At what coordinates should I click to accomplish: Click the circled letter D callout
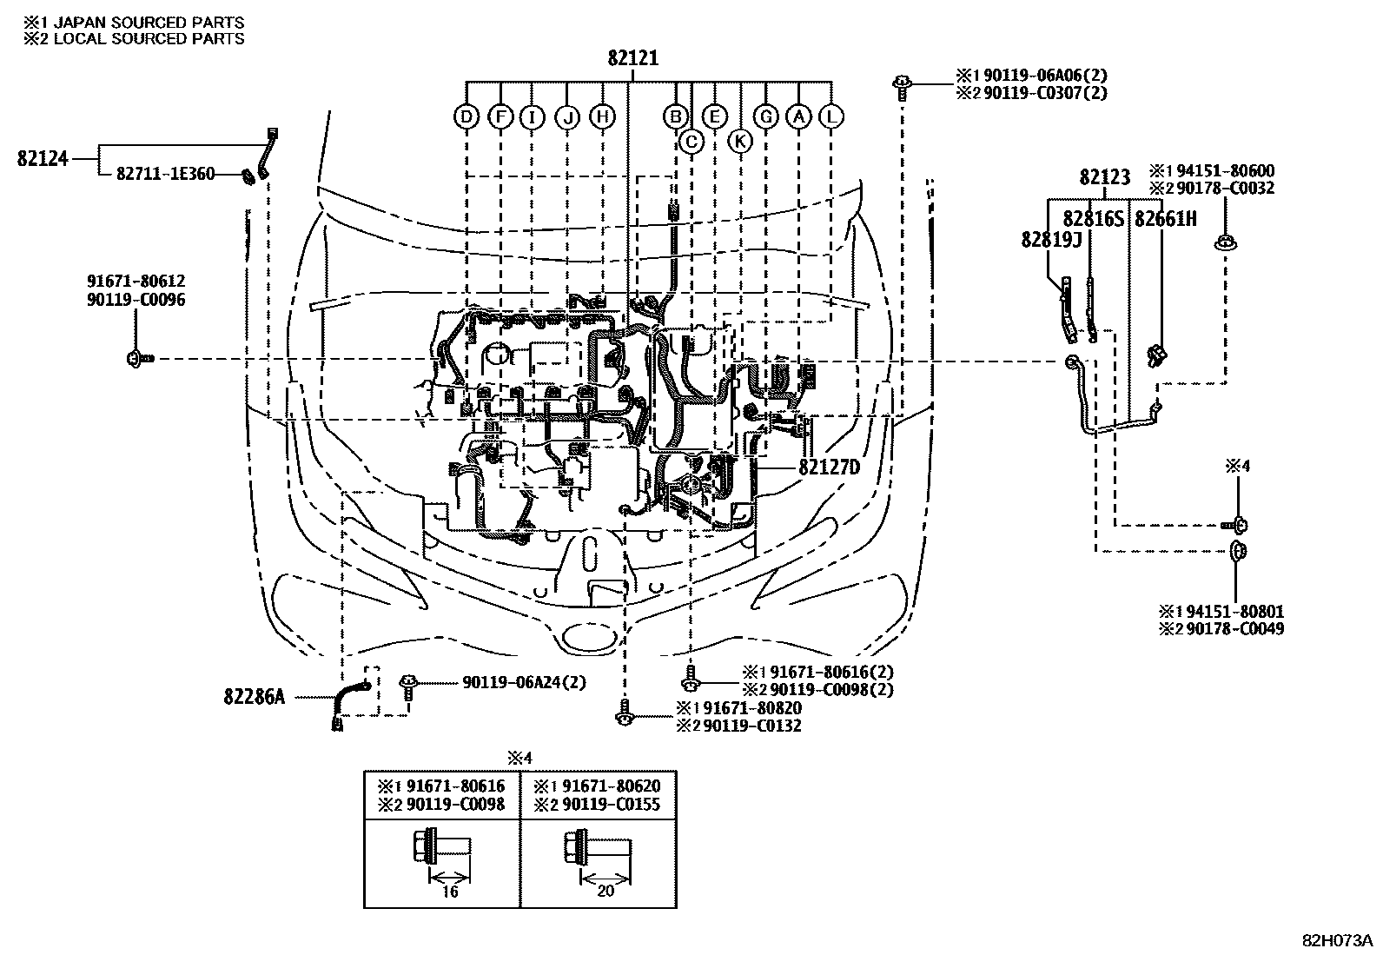467,116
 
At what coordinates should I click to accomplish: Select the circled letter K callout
739,142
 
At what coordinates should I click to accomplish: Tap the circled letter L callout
831,116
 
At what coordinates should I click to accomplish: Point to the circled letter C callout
691,142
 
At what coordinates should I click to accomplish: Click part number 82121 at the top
632,58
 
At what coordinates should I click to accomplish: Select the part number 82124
43,159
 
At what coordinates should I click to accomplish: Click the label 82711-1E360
165,174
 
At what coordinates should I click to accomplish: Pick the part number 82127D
829,467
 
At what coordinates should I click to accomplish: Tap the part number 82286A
255,697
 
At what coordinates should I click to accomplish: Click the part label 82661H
1166,219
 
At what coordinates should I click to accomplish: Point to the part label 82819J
1051,240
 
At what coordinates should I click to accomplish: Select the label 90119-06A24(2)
524,683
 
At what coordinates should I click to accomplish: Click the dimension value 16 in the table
450,891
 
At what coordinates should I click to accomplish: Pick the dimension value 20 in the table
605,890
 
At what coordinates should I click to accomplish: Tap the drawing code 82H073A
1337,940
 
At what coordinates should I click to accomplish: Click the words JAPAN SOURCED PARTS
149,23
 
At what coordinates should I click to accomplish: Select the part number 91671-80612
136,281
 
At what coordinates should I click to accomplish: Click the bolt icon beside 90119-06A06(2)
902,87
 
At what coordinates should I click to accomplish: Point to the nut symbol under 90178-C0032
1226,242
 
